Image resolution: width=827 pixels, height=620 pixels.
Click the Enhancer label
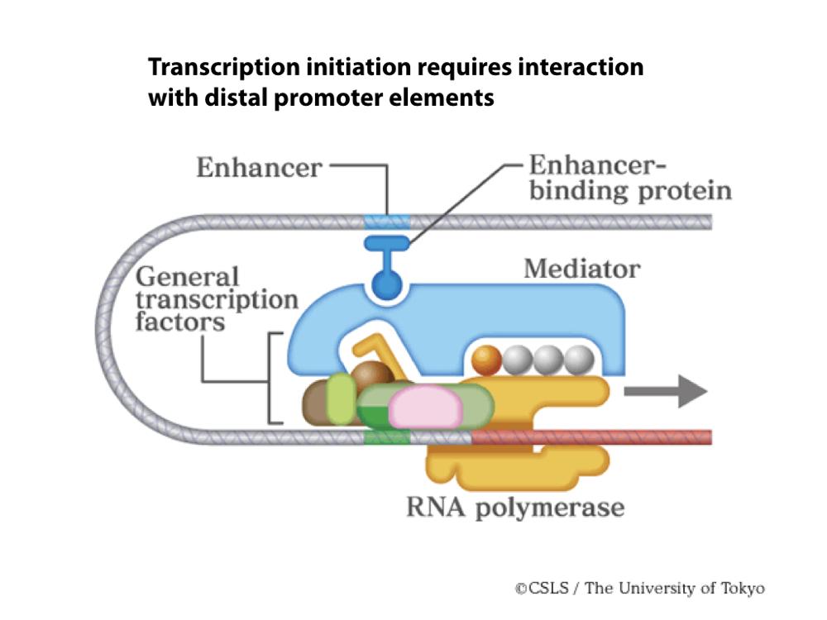(x=259, y=168)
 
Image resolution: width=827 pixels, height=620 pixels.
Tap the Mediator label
(x=581, y=269)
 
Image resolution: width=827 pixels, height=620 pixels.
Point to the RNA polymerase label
(x=514, y=506)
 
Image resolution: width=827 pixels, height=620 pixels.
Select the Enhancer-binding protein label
(x=630, y=178)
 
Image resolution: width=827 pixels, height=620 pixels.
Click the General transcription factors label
(x=216, y=298)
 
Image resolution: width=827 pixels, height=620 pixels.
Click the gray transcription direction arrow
(x=666, y=391)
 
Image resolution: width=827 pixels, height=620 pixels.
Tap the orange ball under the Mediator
(x=486, y=358)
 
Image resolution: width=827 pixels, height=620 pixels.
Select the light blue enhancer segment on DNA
(x=387, y=222)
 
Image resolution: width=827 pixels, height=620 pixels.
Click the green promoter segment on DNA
(x=386, y=436)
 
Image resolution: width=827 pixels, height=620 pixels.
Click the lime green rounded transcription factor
(x=341, y=398)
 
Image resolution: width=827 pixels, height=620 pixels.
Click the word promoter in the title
(x=315, y=98)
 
